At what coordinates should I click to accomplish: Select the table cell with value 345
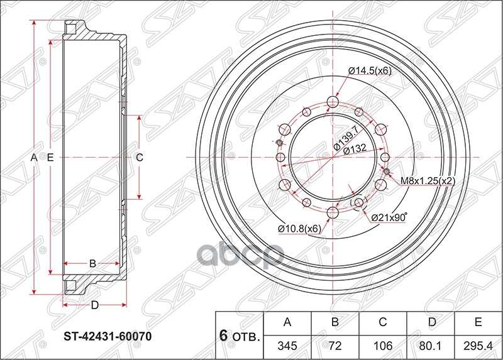click(288, 346)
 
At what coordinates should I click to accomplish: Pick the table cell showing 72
click(335, 346)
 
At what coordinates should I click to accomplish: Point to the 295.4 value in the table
click(478, 346)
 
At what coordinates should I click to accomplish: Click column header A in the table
click(288, 323)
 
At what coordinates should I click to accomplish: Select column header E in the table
click(478, 323)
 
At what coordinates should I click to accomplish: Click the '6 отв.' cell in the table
click(240, 335)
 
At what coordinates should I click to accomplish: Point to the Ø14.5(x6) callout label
click(370, 70)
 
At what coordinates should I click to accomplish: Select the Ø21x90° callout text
click(389, 217)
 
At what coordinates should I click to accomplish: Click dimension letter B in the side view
click(92, 263)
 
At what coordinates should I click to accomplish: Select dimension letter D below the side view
click(94, 306)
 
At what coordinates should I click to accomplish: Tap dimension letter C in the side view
click(140, 158)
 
